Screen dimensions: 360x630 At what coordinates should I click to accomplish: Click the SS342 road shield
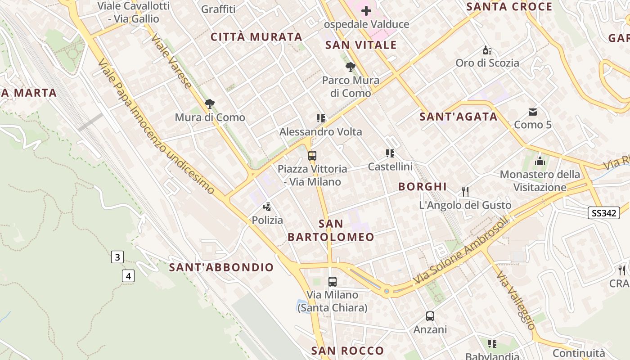point(604,213)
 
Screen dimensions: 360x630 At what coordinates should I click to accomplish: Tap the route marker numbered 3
point(117,257)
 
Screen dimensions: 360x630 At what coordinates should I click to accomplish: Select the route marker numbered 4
point(128,275)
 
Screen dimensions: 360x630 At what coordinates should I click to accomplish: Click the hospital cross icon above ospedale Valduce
point(366,10)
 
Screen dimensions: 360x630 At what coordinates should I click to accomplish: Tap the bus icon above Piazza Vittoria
point(312,156)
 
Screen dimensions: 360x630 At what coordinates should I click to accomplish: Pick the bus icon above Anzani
point(430,316)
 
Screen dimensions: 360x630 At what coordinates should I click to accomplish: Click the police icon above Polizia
point(267,207)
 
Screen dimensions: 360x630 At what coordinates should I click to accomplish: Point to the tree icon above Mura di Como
point(209,104)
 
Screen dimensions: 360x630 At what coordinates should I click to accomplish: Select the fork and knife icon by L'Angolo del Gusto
point(465,192)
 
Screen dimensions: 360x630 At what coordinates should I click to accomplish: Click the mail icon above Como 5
point(533,112)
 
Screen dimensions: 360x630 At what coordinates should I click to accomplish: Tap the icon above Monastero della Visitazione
point(540,161)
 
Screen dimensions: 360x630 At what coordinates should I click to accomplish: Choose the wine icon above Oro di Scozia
point(486,49)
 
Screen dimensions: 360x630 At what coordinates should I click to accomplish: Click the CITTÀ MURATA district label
point(256,37)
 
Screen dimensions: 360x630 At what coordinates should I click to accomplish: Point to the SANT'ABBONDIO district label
point(221,267)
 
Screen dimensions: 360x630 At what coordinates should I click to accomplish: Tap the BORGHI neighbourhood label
point(423,186)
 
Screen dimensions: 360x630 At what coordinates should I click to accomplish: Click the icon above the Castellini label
point(390,153)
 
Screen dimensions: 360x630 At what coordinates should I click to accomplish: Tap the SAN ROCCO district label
point(348,351)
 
